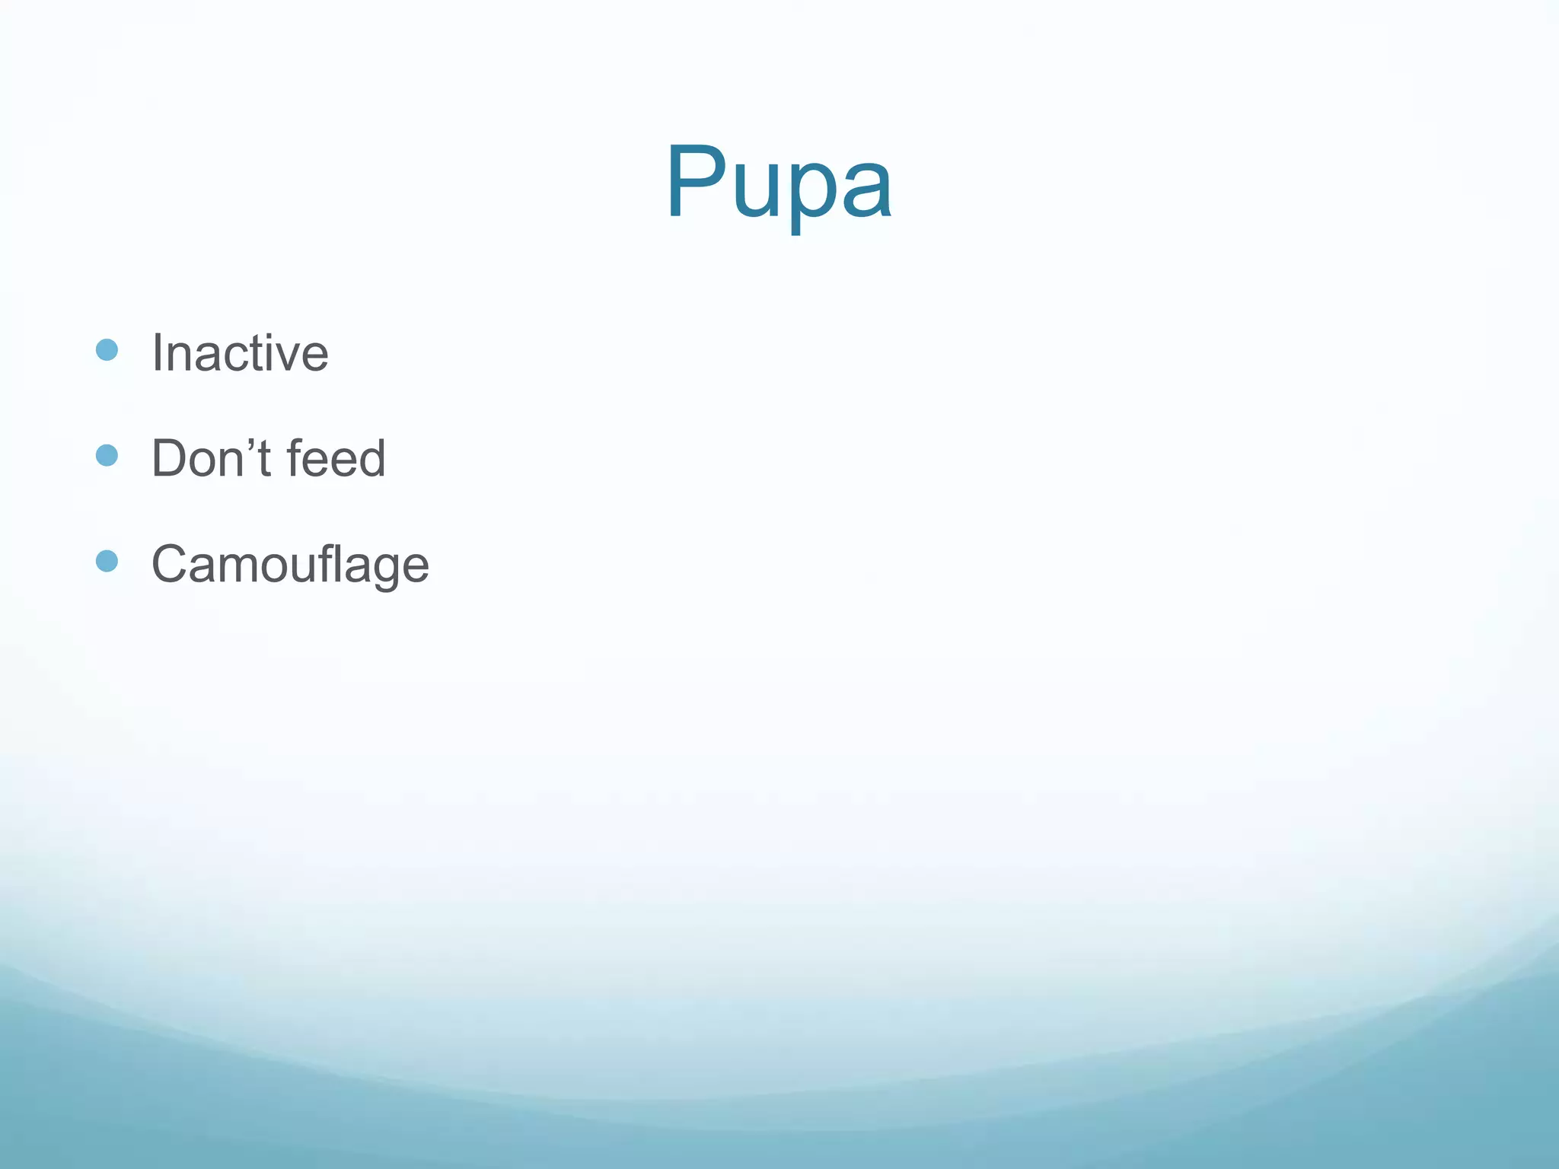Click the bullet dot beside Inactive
tap(107, 350)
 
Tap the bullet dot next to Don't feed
tap(107, 455)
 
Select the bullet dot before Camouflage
tap(107, 561)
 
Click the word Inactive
tap(240, 353)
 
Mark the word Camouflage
tap(290, 564)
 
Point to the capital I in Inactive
tap(158, 353)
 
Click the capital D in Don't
tap(169, 458)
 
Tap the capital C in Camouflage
tap(171, 564)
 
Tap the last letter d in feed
tap(372, 458)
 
